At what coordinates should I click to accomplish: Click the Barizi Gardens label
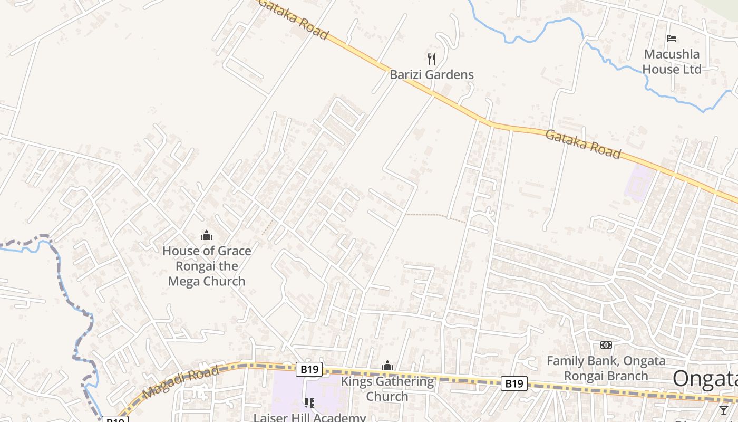coord(432,75)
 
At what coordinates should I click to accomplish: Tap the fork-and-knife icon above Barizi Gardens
coord(432,59)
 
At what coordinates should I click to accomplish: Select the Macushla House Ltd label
coord(672,62)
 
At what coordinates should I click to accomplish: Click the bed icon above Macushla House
coord(672,39)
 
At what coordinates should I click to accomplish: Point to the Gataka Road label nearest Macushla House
coord(582,143)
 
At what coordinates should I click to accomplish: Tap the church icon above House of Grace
coord(207,235)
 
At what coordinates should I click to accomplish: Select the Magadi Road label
coord(181,382)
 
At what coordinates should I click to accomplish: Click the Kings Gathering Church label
coord(387,389)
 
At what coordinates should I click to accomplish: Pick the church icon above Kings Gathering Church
coord(387,366)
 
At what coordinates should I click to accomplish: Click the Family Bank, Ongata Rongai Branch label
coord(606,368)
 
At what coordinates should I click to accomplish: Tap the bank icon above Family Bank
coord(606,345)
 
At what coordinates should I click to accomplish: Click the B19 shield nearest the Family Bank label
coord(514,383)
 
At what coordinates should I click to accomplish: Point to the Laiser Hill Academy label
coord(309,417)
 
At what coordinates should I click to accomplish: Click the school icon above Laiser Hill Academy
coord(309,403)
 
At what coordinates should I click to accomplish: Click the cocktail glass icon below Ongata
coord(724,410)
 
